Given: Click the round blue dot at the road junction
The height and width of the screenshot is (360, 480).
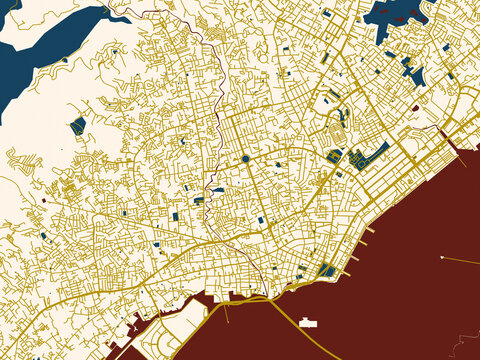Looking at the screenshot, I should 245,158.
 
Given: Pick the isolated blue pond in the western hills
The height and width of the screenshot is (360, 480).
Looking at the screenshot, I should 78,125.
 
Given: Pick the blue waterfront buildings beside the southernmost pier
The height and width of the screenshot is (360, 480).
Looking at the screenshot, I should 327,270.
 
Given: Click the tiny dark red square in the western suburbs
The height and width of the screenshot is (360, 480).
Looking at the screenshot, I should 44,200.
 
